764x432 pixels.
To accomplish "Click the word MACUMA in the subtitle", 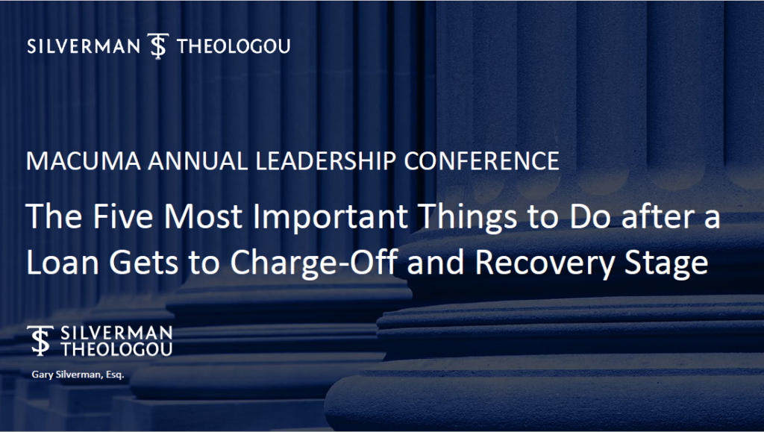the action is (x=84, y=161).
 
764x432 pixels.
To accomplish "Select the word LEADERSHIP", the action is (x=326, y=161).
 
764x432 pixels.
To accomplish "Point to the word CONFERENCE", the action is (x=481, y=161).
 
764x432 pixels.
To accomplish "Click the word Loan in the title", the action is (x=63, y=262).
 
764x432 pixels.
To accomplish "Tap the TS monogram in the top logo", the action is (x=158, y=46).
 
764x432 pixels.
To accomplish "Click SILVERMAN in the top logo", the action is (x=84, y=46).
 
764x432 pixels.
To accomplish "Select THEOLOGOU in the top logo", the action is (x=234, y=46).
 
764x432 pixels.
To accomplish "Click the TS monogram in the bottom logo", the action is (x=40, y=340).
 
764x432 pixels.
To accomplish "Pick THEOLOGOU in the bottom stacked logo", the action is (x=116, y=349).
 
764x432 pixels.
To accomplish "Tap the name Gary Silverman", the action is (x=66, y=375).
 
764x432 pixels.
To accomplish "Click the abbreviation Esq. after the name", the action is (x=115, y=375).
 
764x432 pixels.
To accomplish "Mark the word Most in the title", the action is (x=203, y=216).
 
